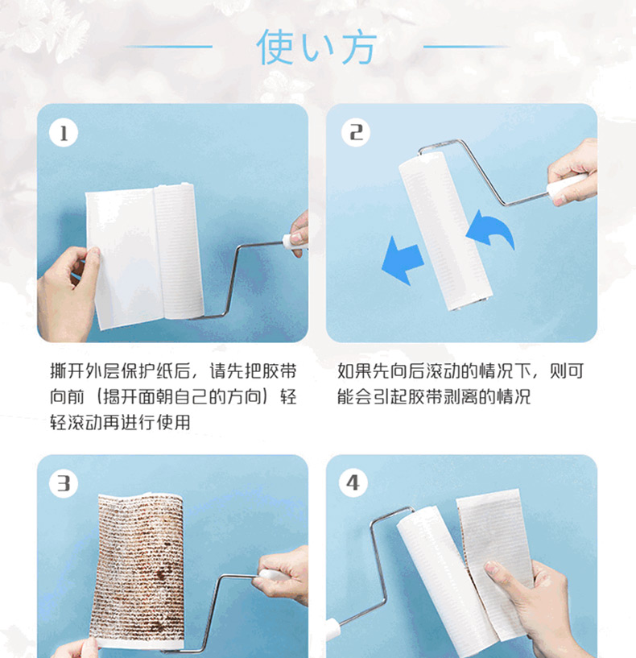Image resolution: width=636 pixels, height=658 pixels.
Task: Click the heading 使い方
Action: click(x=316, y=47)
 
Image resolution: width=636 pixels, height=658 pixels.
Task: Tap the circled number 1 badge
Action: click(x=64, y=134)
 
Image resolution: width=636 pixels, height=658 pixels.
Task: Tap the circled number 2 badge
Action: click(x=356, y=133)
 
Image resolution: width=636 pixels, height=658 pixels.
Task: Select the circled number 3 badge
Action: click(x=64, y=483)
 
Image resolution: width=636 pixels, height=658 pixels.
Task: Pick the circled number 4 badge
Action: click(x=353, y=483)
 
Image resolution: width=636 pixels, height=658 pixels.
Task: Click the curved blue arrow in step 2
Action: click(x=492, y=230)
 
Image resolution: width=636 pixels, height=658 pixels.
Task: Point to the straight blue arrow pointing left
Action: click(x=402, y=261)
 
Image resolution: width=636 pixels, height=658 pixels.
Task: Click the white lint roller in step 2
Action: click(x=444, y=231)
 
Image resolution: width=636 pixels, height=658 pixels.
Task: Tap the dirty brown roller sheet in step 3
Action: click(x=138, y=572)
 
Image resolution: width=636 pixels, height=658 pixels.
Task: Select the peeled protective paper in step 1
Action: click(x=125, y=257)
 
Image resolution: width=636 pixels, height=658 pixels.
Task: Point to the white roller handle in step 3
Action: click(x=274, y=574)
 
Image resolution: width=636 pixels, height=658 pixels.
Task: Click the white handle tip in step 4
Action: click(x=332, y=629)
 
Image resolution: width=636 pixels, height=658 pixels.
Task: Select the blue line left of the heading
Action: click(x=167, y=47)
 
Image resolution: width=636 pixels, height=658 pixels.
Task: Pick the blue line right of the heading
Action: click(x=467, y=47)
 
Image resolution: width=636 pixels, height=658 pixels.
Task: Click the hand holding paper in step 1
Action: click(x=67, y=294)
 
